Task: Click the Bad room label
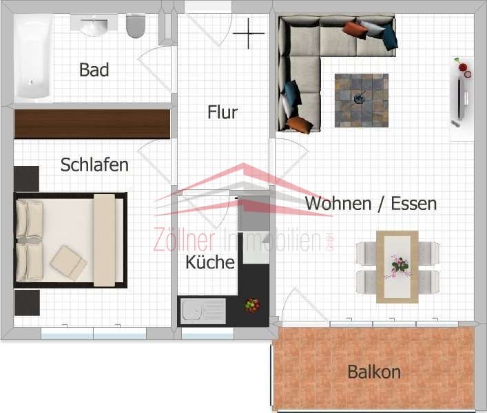(94, 70)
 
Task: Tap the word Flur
(222, 112)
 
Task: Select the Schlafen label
(94, 165)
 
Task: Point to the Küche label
(210, 262)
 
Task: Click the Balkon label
(374, 372)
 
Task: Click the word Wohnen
(338, 204)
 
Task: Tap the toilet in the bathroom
(136, 26)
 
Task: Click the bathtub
(33, 57)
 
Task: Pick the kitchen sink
(203, 311)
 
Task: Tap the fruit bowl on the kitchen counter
(252, 305)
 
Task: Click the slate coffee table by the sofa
(362, 100)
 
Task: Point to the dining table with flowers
(397, 267)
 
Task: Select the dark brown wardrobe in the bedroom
(92, 124)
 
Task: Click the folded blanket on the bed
(69, 263)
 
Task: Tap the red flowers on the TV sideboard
(463, 68)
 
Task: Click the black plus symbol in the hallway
(249, 33)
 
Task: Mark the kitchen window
(207, 334)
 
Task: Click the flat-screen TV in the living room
(460, 99)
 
